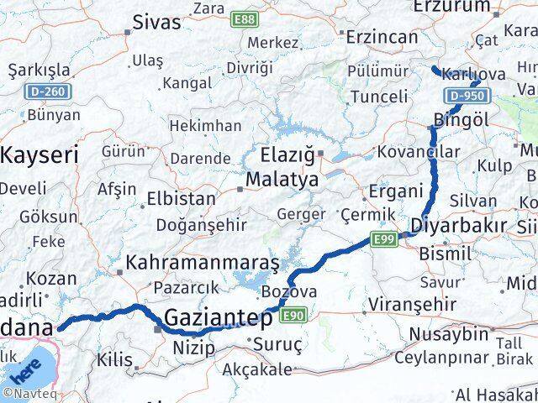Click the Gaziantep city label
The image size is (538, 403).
(x=219, y=318)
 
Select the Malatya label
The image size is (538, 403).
(x=282, y=180)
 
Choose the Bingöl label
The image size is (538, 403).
(x=462, y=119)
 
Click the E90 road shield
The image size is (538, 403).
(x=293, y=315)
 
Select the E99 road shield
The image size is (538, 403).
(x=385, y=240)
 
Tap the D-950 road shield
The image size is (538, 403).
(x=466, y=97)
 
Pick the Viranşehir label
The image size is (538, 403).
(x=417, y=304)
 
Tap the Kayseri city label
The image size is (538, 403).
(x=40, y=154)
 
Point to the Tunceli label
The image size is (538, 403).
(x=380, y=96)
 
